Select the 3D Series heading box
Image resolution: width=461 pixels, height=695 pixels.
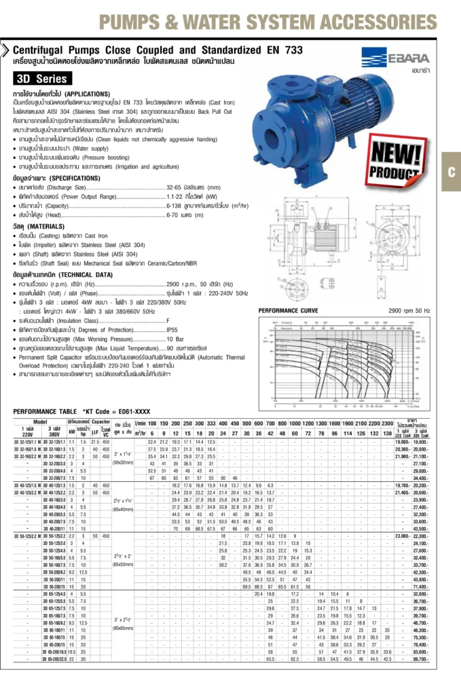[43, 79]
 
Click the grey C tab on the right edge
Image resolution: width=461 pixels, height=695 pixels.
[450, 172]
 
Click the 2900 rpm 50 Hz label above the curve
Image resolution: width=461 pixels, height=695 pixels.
[409, 310]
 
